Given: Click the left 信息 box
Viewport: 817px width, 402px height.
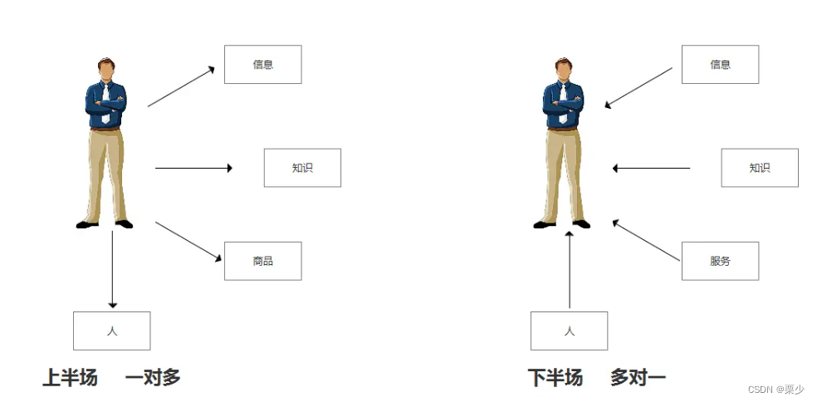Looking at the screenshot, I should pyautogui.click(x=262, y=65).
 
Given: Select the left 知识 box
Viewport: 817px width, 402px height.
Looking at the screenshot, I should pyautogui.click(x=302, y=168).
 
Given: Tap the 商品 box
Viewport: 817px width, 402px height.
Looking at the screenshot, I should pyautogui.click(x=262, y=261).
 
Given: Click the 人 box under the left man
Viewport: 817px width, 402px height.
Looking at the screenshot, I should pyautogui.click(x=112, y=331).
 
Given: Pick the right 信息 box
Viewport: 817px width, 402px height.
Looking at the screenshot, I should pyautogui.click(x=720, y=65).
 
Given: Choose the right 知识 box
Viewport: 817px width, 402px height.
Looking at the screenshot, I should pyautogui.click(x=760, y=168).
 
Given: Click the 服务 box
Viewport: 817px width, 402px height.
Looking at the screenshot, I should pyautogui.click(x=720, y=261).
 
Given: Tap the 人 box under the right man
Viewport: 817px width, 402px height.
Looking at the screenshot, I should pyautogui.click(x=570, y=331).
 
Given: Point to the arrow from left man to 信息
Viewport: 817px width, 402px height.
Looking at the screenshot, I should pyautogui.click(x=181, y=87).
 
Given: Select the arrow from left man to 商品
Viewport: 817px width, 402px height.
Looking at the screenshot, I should pyautogui.click(x=188, y=242).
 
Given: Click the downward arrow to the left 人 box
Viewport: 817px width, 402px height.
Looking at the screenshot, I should pyautogui.click(x=112, y=269).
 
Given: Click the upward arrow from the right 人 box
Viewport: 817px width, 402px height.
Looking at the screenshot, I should pyautogui.click(x=570, y=269).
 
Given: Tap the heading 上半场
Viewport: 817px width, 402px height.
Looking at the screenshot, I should pyautogui.click(x=71, y=378).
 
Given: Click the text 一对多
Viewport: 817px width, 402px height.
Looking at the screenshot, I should pyautogui.click(x=153, y=378).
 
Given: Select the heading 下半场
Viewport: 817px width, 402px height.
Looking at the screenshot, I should pyautogui.click(x=555, y=378).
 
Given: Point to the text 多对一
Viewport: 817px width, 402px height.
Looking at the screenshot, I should pyautogui.click(x=638, y=378).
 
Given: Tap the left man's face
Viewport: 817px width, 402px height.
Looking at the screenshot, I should pyautogui.click(x=105, y=70).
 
